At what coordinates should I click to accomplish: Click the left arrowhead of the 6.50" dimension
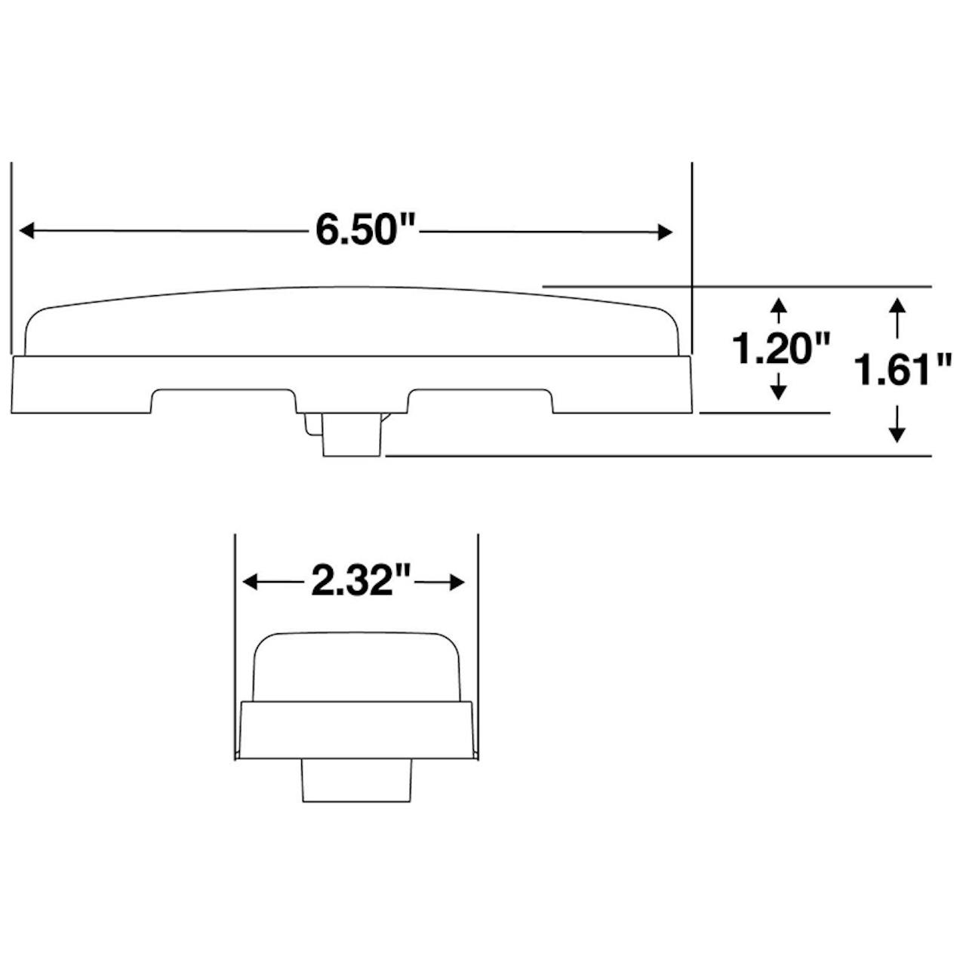tap(26, 231)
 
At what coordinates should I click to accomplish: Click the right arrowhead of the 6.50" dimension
tap(665, 232)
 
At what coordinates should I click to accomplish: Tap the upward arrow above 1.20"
tap(777, 310)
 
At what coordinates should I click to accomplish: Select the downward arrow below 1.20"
tap(777, 386)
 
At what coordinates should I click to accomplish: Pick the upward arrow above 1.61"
tap(897, 318)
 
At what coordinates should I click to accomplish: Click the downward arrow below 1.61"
tap(897, 424)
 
